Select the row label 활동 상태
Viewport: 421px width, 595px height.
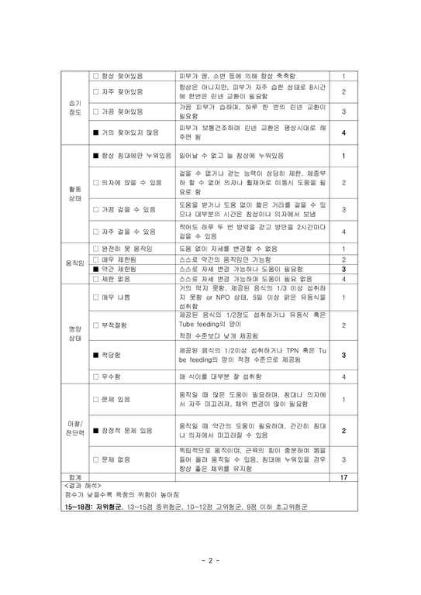click(74, 194)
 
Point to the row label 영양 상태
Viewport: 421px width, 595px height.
click(74, 334)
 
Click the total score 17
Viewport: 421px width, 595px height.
click(343, 478)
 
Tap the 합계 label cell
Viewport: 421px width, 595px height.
click(74, 478)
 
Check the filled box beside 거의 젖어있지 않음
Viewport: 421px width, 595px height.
click(96, 132)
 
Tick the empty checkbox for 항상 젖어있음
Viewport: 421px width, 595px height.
click(96, 76)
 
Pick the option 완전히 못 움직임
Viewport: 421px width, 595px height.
click(127, 248)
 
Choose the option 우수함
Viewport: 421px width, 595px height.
click(118, 377)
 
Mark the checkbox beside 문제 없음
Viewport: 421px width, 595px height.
click(96, 459)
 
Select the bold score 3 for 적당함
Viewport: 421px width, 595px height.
click(343, 355)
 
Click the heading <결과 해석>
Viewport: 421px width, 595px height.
click(84, 486)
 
